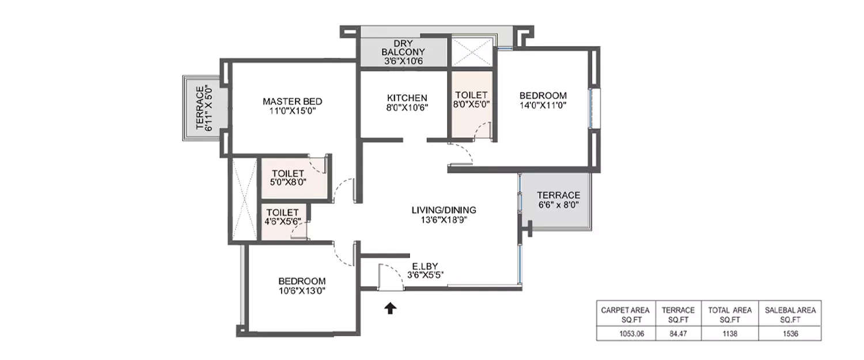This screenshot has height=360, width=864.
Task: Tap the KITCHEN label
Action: point(407,97)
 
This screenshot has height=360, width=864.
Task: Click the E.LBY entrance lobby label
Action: point(425,266)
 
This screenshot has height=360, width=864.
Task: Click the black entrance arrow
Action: point(391,308)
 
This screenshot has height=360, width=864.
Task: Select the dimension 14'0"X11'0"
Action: point(543,106)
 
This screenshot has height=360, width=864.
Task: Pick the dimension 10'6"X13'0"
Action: point(302,291)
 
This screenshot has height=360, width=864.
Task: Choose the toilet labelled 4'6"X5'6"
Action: point(282,218)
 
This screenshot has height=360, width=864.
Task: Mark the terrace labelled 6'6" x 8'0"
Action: point(558,200)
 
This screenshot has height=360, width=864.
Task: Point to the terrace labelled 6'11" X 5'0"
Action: point(204,108)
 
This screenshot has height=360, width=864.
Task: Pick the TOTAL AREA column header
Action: point(730,314)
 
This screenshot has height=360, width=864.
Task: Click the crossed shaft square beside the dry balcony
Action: point(472,51)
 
